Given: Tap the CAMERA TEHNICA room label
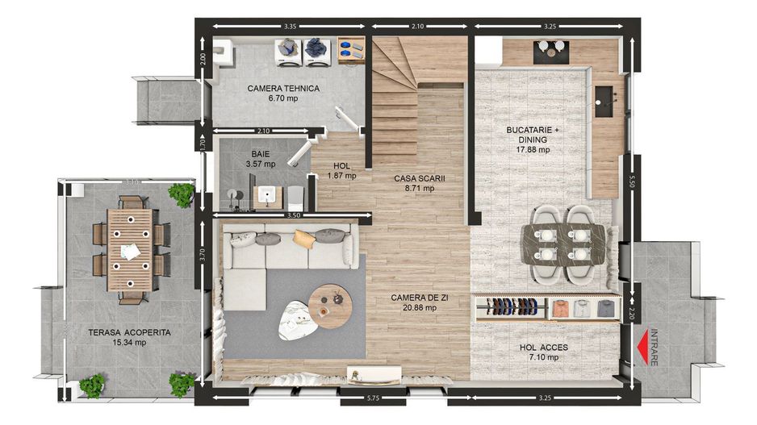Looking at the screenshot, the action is point(283,88).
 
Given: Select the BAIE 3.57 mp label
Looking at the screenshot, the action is point(261,159).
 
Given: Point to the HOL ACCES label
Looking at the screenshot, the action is point(544,348).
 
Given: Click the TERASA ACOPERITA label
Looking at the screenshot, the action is point(129,332).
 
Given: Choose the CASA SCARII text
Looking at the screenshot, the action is point(420,178).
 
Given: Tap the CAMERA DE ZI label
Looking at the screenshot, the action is point(420,298).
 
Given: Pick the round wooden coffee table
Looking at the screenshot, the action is point(331,306).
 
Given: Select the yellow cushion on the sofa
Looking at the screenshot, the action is point(304,239).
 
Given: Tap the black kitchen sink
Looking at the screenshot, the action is point(604,102).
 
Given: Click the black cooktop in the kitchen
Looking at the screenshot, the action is point(551,52).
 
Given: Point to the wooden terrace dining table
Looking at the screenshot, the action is point(130,250).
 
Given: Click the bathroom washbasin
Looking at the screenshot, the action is point(267,197).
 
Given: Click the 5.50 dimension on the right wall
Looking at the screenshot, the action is point(632,181).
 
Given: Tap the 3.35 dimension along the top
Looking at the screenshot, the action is point(291,27).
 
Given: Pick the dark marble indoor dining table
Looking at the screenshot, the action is point(563,244).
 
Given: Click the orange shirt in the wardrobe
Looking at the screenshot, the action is point(559,308).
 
